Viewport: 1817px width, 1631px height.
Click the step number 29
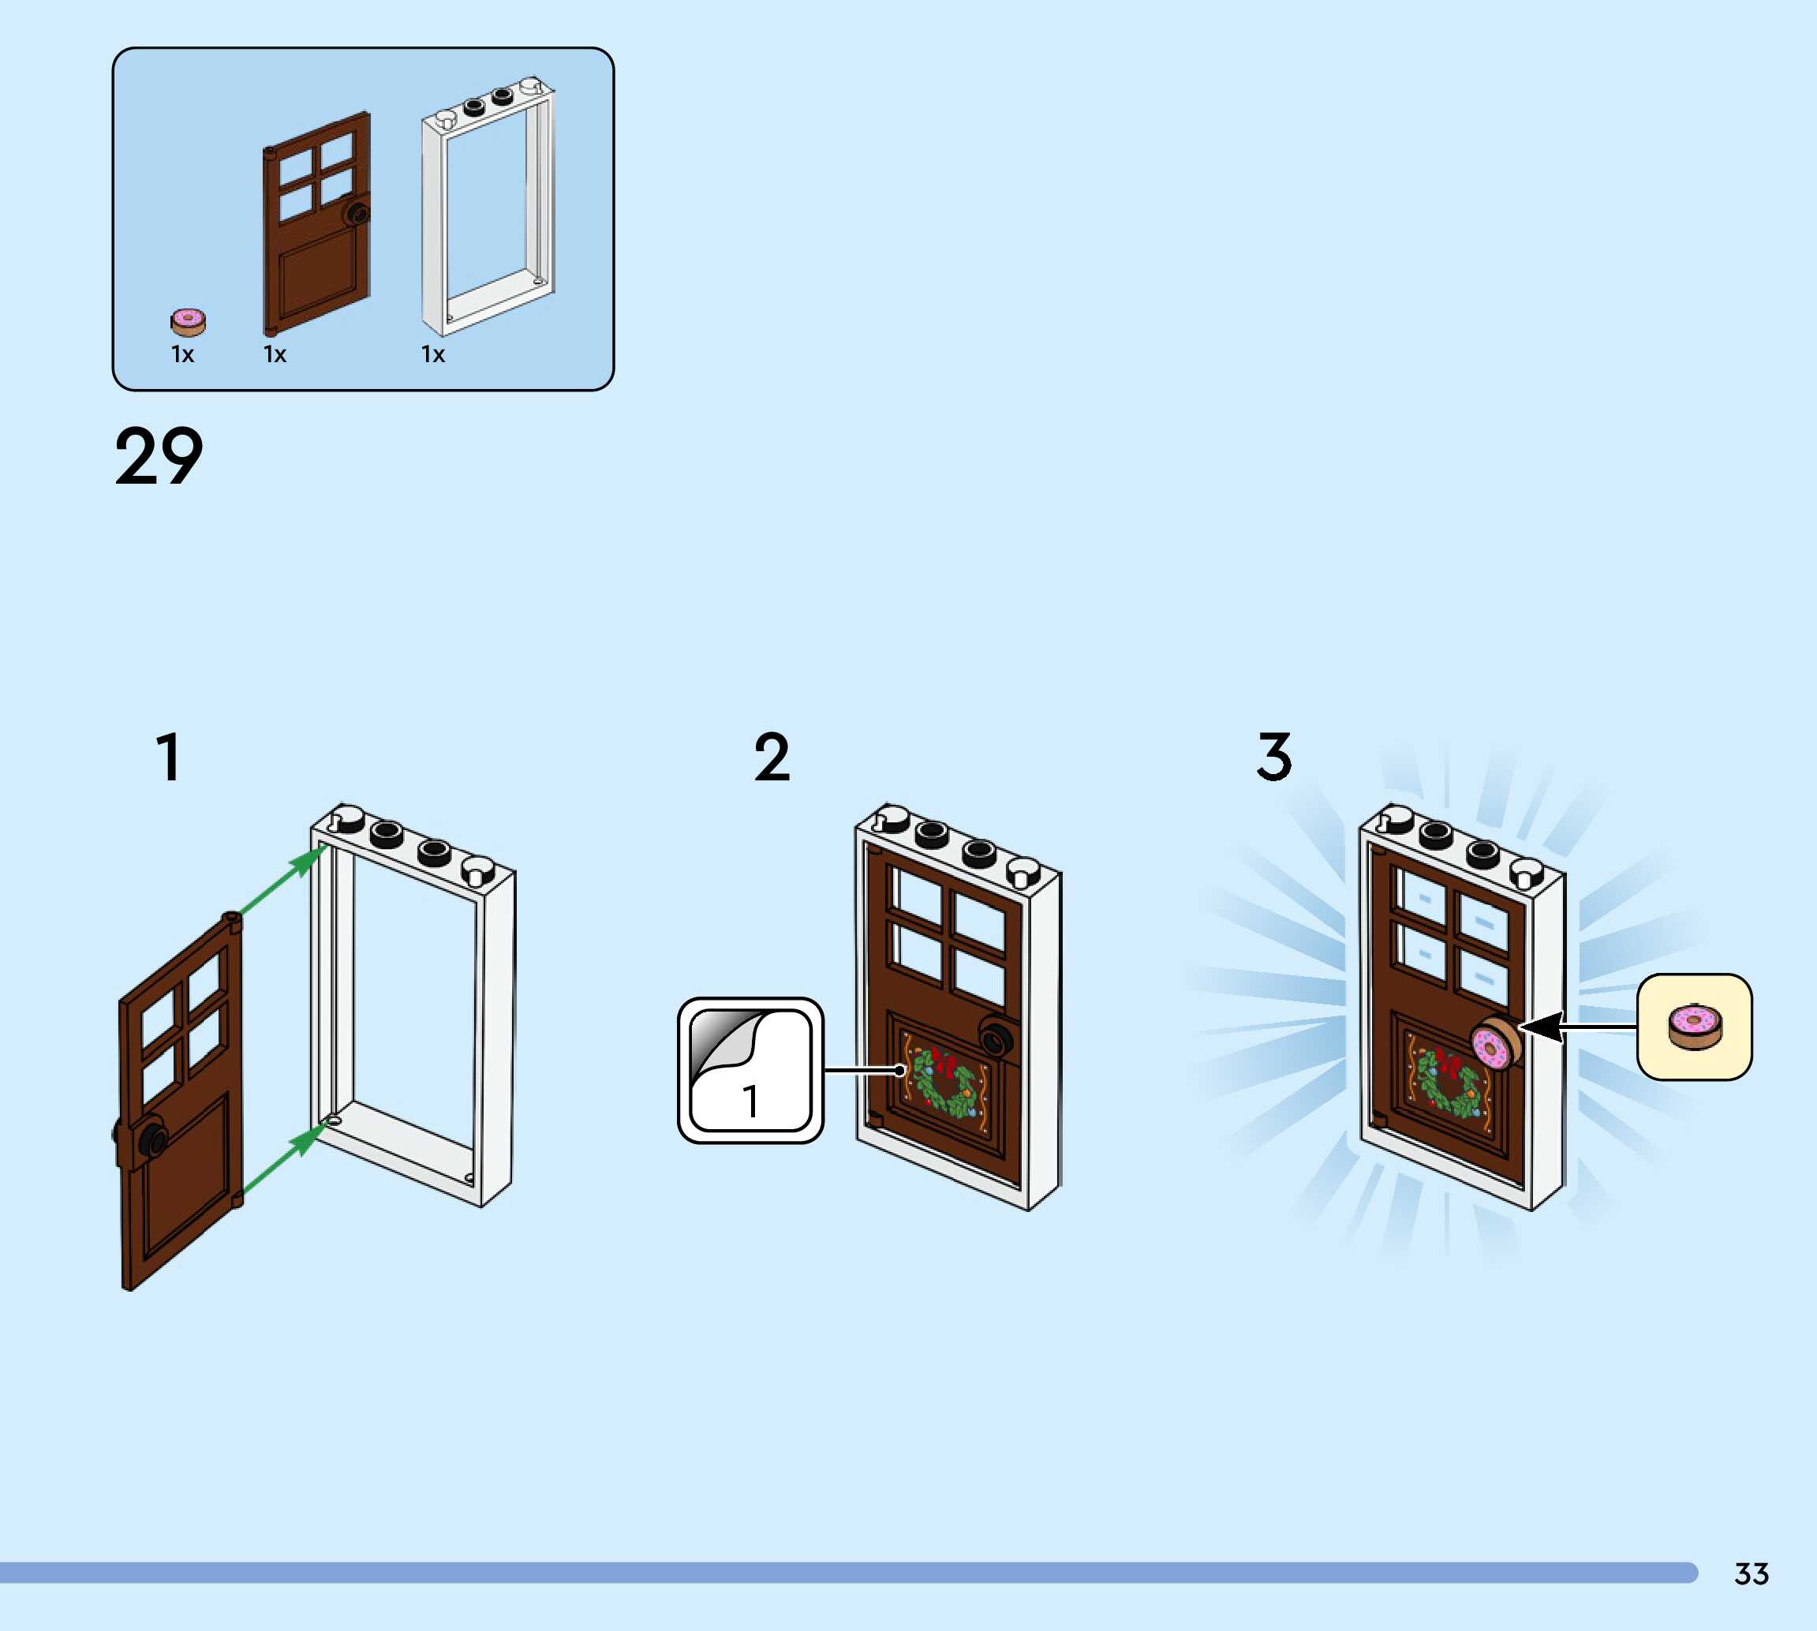(x=159, y=457)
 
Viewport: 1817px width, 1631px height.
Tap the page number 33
(x=1751, y=1573)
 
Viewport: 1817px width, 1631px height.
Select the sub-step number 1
(x=168, y=758)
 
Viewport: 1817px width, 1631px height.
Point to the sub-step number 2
(x=772, y=758)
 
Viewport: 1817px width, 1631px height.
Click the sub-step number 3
(x=1274, y=758)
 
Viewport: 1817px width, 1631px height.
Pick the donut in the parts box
(x=188, y=321)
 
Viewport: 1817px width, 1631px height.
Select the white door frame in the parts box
(x=488, y=206)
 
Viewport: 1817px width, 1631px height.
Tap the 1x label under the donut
(x=183, y=355)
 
